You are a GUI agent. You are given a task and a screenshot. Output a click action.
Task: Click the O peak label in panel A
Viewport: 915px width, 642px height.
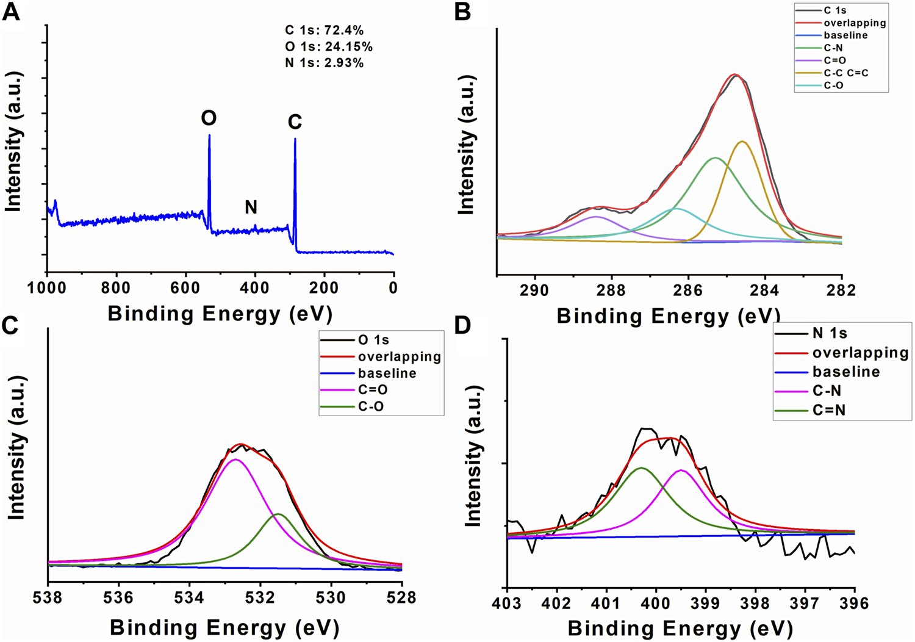[x=209, y=118]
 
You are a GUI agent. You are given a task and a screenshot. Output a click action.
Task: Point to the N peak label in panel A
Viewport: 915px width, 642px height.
[x=251, y=207]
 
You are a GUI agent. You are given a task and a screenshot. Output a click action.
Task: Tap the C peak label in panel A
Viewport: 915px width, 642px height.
[x=295, y=123]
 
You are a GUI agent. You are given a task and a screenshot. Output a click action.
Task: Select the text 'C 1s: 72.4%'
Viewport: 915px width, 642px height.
[x=325, y=31]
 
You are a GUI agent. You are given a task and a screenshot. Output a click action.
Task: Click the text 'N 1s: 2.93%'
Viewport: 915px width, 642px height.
[x=325, y=63]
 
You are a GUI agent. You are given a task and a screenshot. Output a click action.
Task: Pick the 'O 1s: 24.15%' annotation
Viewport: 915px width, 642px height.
[x=329, y=47]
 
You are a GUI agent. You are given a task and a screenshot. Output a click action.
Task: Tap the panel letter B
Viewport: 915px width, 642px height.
[x=462, y=12]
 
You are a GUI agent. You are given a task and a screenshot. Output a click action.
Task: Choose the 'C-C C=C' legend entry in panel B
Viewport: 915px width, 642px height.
[x=845, y=73]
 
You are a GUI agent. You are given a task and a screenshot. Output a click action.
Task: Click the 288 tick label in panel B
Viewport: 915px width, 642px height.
[x=612, y=290]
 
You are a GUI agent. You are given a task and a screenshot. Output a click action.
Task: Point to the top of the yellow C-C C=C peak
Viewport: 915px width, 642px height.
[x=742, y=142]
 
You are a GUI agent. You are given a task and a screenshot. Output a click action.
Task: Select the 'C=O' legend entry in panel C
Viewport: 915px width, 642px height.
[x=373, y=389]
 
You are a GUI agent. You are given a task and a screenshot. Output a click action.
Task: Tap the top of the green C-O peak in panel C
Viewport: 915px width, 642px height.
[x=278, y=514]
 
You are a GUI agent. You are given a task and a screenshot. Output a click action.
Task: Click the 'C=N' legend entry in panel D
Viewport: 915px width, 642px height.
[x=829, y=410]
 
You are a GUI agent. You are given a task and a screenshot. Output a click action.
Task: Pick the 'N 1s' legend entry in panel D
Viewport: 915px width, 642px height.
[x=830, y=333]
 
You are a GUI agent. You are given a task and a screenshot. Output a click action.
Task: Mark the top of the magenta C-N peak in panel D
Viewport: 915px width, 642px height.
[x=681, y=470]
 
